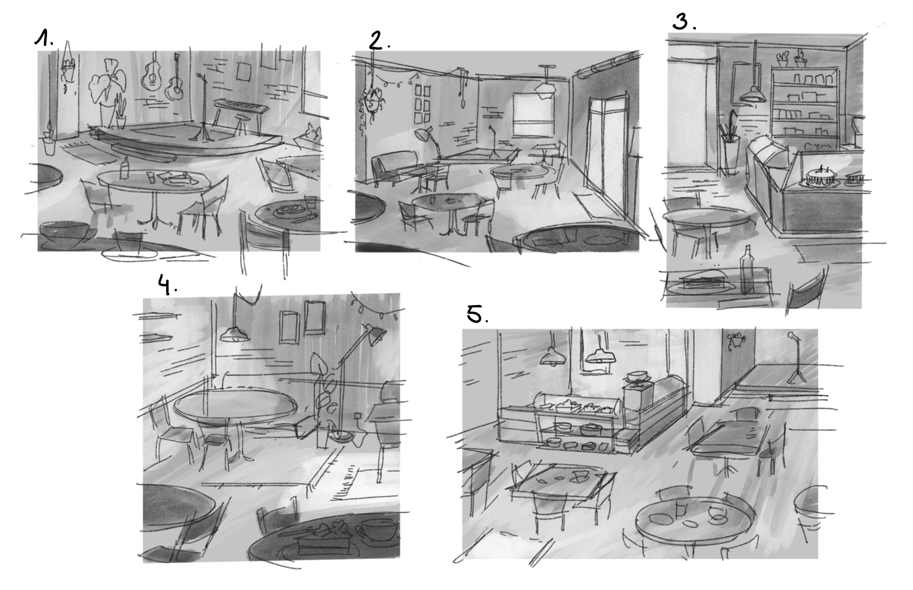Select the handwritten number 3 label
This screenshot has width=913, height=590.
684,22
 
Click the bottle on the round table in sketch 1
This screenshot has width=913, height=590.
124,168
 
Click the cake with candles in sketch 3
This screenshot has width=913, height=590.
821,177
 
